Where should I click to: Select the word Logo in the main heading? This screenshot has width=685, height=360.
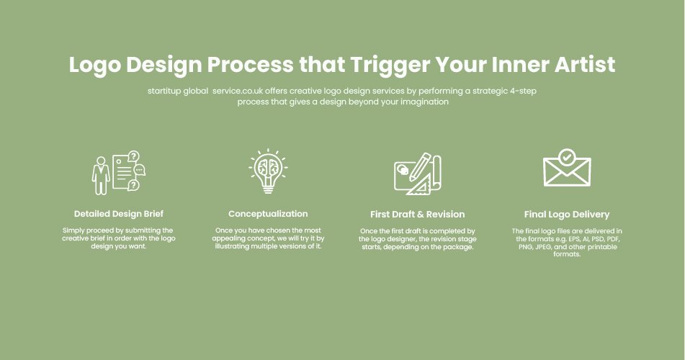point(95,65)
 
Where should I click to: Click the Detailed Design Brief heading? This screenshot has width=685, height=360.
point(118,214)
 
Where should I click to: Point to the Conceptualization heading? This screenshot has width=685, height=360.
point(268,214)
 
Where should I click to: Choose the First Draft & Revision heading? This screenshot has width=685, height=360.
point(417,214)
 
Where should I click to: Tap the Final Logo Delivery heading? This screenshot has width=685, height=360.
point(567,215)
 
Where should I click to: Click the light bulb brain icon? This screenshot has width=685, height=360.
point(268,171)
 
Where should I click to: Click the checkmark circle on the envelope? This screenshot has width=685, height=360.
point(567,156)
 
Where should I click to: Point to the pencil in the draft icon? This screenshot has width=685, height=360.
point(419,167)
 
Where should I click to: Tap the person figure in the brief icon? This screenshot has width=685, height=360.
point(100,176)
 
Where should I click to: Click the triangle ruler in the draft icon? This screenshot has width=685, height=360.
point(418,186)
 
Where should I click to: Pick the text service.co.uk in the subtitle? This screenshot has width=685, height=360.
point(238,91)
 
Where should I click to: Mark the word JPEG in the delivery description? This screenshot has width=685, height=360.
point(543,247)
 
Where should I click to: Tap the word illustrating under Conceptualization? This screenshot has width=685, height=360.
point(231,246)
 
